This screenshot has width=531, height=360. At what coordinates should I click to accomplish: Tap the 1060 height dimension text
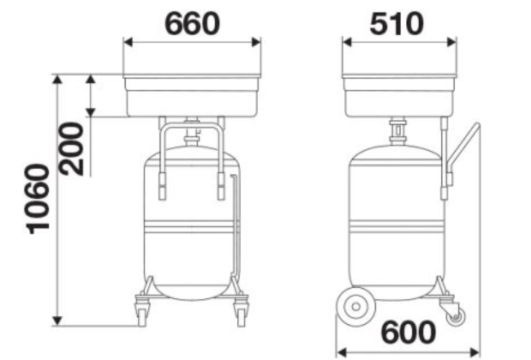(x=38, y=200)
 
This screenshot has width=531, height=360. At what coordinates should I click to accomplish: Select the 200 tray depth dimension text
(x=72, y=148)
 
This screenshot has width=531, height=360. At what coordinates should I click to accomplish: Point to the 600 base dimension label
(x=408, y=333)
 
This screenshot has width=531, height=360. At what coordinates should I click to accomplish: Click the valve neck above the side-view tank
(x=397, y=131)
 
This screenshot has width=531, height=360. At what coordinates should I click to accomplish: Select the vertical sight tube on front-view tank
(x=237, y=229)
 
